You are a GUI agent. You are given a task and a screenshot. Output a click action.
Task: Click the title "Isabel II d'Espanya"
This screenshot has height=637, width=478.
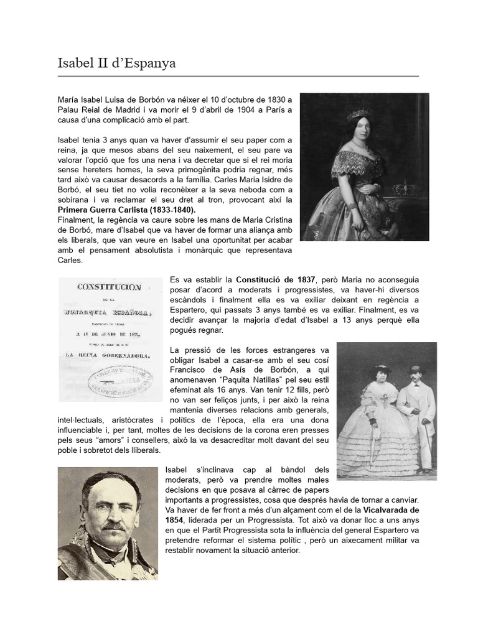click(116, 63)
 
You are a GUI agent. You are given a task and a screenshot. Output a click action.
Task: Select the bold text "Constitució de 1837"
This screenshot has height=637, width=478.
click(275, 280)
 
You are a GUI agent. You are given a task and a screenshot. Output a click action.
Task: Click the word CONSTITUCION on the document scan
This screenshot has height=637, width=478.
click(110, 287)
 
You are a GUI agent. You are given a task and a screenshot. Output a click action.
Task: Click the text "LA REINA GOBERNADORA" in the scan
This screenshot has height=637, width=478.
click(110, 355)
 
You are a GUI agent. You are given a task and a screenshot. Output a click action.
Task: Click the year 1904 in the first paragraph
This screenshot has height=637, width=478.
click(230, 110)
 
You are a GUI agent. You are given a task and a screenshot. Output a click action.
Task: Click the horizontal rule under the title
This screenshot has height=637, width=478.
click(238, 77)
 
